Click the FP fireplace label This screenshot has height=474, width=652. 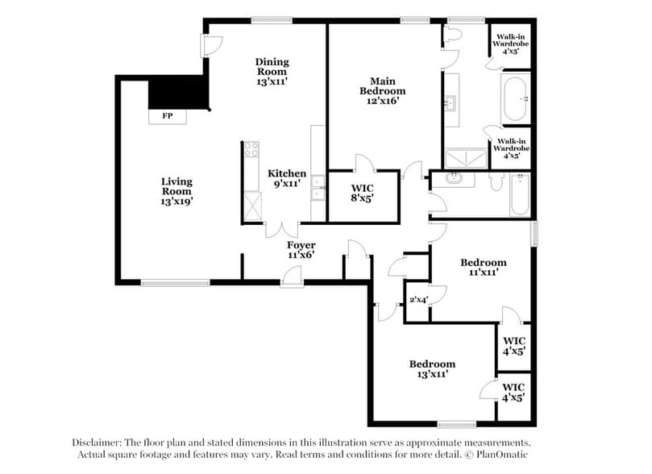click(168, 116)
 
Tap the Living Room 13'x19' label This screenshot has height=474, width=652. click(176, 191)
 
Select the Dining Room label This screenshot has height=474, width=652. click(272, 71)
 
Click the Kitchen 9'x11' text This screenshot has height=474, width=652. click(288, 178)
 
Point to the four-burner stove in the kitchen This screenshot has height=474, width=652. click(251, 149)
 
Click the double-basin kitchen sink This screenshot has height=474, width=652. click(318, 187)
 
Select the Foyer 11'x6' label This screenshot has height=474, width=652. click(301, 250)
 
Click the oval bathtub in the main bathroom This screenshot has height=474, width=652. click(515, 99)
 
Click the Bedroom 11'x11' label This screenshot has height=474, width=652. click(483, 268)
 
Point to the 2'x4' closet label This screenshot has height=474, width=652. click(417, 300)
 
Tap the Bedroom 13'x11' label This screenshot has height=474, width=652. click(431, 369)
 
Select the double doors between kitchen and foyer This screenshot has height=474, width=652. click(282, 230)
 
